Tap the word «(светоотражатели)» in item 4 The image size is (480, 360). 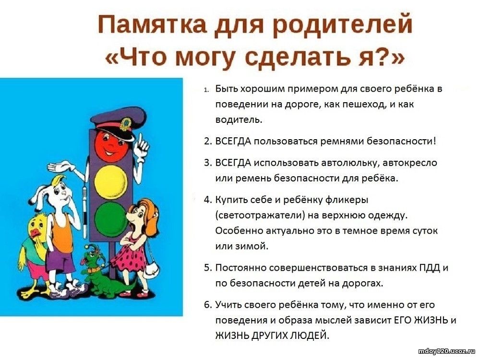point(260,216)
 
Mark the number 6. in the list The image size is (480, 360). point(208,305)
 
